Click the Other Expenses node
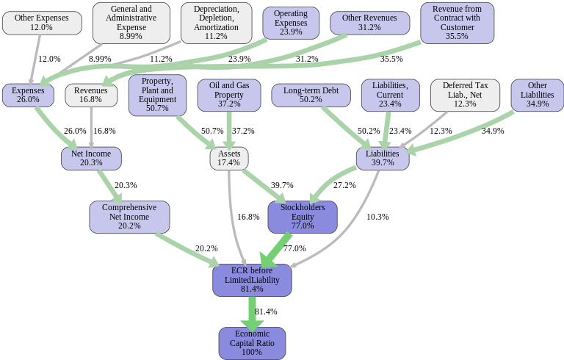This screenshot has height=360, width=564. (41, 23)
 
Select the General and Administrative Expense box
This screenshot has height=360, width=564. (131, 23)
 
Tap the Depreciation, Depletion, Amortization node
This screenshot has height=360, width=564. (216, 23)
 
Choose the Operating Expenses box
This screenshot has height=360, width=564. (291, 23)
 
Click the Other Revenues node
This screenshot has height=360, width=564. (369, 23)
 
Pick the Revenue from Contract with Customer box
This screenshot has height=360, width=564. (457, 23)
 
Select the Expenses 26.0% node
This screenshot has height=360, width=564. (28, 96)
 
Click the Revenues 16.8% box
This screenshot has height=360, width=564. (91, 96)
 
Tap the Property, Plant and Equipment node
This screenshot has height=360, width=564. (157, 95)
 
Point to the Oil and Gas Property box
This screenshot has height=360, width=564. (229, 96)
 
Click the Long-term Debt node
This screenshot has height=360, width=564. (311, 96)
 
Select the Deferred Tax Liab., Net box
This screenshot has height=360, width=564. (465, 96)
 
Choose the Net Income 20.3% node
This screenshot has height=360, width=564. (91, 158)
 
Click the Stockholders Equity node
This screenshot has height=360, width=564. (303, 217)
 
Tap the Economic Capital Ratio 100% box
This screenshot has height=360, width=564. (252, 343)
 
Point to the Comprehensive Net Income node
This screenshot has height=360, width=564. (130, 217)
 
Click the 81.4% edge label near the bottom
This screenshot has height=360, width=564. (266, 312)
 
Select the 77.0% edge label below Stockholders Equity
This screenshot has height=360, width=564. (294, 249)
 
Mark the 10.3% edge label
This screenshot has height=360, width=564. (377, 217)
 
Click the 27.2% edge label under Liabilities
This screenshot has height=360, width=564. (344, 185)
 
